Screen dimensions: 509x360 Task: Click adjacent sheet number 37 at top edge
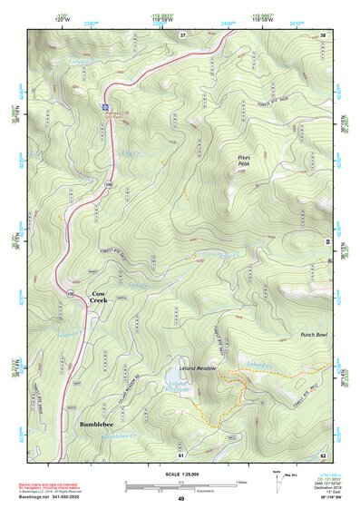point(182,34)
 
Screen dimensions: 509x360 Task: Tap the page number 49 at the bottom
point(181,499)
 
